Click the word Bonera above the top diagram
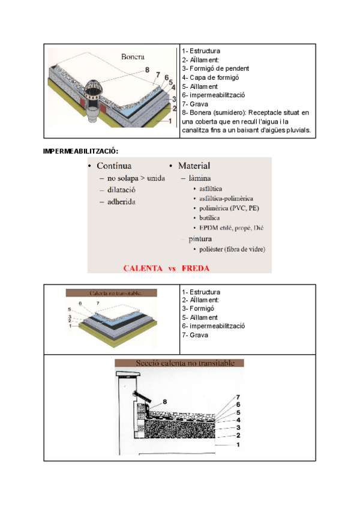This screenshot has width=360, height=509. pyautogui.click(x=133, y=57)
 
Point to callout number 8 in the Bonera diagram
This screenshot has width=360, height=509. pyautogui.click(x=146, y=70)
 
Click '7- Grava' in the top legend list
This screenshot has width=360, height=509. pyautogui.click(x=195, y=103)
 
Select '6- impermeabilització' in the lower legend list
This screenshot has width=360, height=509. pyautogui.click(x=212, y=327)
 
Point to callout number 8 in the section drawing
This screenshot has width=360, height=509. pyautogui.click(x=164, y=402)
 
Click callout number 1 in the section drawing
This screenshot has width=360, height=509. pyautogui.click(x=238, y=445)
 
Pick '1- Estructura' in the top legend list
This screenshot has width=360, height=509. pyautogui.click(x=200, y=52)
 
